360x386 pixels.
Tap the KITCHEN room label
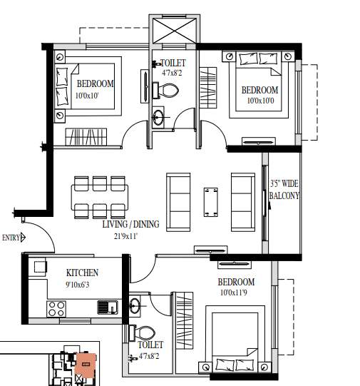coord(82,273)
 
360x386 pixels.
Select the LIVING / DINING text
coord(130,224)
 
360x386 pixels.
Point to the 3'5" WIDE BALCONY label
coord(284,190)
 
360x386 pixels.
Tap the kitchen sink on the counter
coord(107,308)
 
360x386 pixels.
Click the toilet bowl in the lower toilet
coord(145,333)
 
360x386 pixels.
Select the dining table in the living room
coord(101,195)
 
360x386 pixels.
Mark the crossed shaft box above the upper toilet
coord(173,31)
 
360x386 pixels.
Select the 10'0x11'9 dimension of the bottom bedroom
coord(235,293)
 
